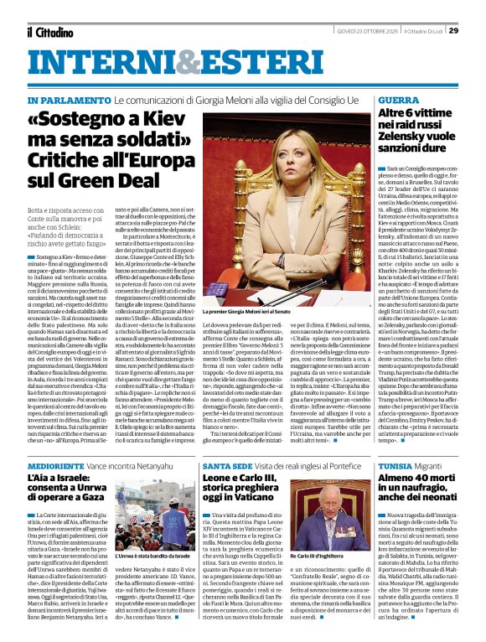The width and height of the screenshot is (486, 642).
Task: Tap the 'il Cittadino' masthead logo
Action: pos(51,32)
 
